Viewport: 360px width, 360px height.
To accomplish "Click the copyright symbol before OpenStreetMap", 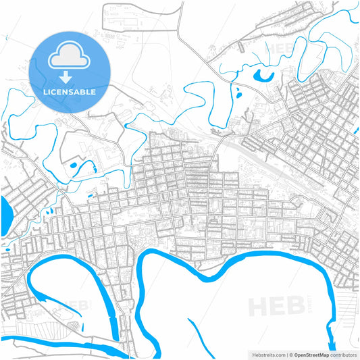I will click(292, 354).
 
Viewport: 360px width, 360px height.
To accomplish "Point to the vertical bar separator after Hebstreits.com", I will click(287, 354).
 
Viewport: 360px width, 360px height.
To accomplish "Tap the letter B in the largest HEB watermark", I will click(295, 306).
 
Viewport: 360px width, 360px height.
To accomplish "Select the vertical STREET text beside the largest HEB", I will click(309, 306).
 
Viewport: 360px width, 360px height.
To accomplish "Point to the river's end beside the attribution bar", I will click(331, 338).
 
